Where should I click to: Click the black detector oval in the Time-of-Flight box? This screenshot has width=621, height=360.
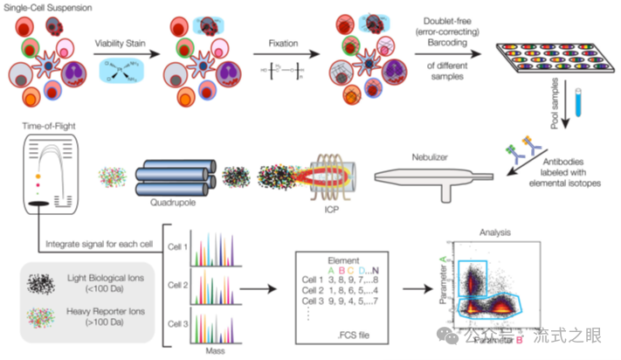pyautogui.click(x=39, y=204)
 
